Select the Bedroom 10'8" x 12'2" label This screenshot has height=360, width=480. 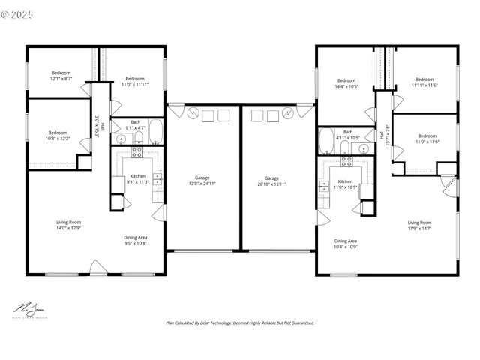pos(58,136)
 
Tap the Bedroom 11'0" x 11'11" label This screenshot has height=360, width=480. pos(134,81)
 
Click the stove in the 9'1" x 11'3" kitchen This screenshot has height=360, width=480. pos(137,151)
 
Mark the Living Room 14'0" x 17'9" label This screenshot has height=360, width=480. pos(68,225)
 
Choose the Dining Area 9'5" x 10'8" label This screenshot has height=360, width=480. pos(135,240)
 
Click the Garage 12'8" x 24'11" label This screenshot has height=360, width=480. pos(202,180)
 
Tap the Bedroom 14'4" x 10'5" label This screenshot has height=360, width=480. pos(346,82)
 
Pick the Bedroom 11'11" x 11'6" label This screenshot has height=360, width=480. pos(424,82)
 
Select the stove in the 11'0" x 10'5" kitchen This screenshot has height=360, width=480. pos(346,160)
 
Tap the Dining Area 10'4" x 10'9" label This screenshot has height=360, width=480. pos(345,244)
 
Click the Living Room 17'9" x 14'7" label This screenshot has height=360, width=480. pos(419,225)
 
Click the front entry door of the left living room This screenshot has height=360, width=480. pos(97,268)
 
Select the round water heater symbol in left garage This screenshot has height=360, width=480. pos(193,114)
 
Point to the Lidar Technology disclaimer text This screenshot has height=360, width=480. pos(239,322)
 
